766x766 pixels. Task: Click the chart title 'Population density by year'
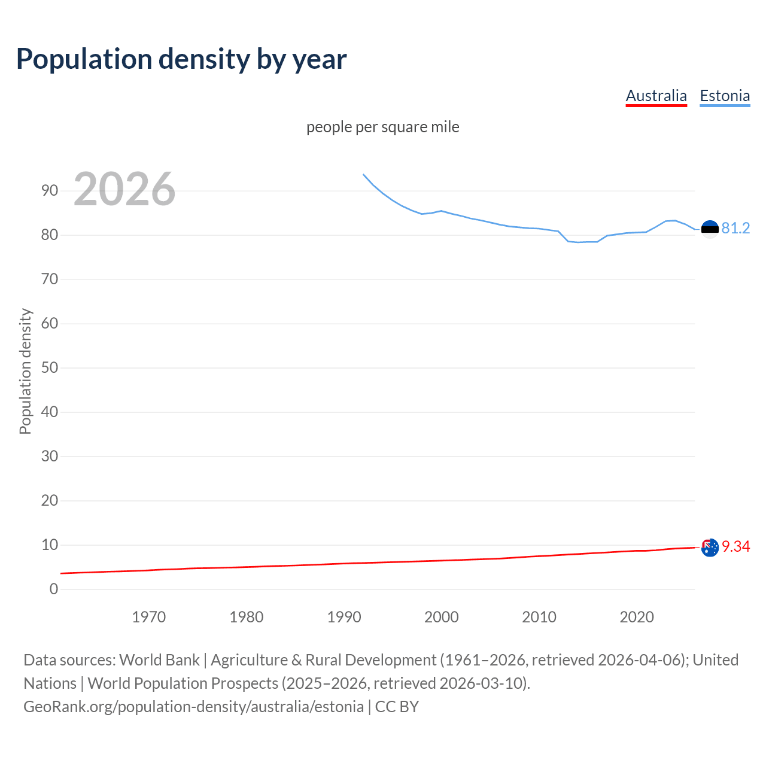[181, 59]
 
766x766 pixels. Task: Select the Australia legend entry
[656, 96]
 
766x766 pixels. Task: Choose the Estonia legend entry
[725, 96]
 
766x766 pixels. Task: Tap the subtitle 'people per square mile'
[382, 127]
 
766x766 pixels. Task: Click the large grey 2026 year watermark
[124, 189]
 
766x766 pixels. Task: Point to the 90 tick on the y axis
[50, 191]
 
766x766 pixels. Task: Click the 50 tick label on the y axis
[50, 368]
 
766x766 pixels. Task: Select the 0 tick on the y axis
[54, 589]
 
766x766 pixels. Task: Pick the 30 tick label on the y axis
[50, 457]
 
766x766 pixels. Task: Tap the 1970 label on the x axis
[148, 617]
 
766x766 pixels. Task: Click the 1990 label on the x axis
[344, 617]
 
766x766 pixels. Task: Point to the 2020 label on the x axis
[636, 617]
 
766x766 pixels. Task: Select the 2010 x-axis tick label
[539, 617]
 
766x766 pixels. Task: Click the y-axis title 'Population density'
[25, 371]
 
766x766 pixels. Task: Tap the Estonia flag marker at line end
[710, 229]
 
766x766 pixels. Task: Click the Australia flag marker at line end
[710, 547]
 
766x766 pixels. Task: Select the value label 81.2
[735, 229]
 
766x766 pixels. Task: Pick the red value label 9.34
[735, 547]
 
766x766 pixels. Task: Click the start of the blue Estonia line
[364, 175]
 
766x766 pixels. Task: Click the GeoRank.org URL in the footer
[193, 707]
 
